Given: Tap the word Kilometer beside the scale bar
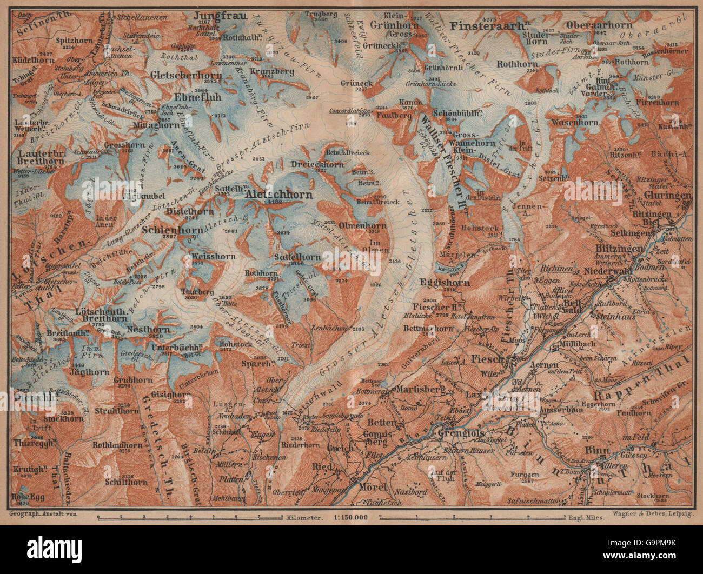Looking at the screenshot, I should pyautogui.click(x=307, y=517).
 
